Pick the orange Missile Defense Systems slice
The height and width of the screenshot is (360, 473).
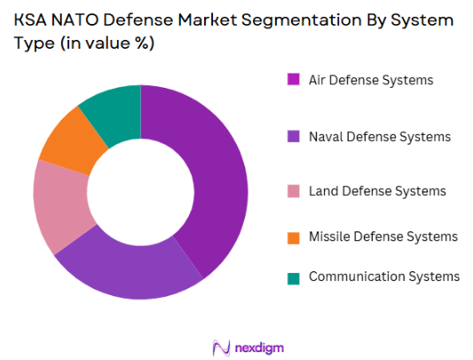(66, 143)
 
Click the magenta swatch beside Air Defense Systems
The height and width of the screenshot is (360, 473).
(293, 81)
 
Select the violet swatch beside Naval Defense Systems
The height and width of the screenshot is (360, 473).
(293, 137)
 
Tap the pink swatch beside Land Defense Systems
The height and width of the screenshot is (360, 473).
(293, 192)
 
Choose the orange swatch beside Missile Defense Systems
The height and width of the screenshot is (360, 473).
(293, 237)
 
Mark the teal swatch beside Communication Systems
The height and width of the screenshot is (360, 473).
(293, 278)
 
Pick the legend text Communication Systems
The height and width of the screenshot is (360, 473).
(384, 277)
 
